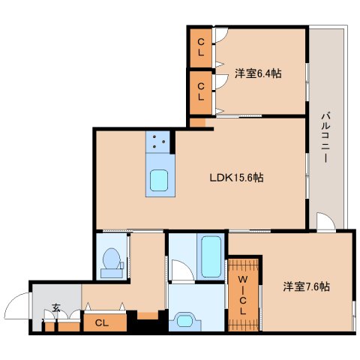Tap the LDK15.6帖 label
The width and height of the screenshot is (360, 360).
click(x=235, y=178)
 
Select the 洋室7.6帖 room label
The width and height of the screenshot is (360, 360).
click(x=306, y=286)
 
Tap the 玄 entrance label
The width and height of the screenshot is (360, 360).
click(x=56, y=307)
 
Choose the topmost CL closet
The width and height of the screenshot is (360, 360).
click(x=201, y=47)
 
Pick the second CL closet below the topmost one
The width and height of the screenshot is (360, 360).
click(x=201, y=91)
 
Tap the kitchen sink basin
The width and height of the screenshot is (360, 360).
click(x=160, y=181)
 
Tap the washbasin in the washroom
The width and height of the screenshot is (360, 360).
click(x=184, y=321)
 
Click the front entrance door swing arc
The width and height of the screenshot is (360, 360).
click(x=16, y=309)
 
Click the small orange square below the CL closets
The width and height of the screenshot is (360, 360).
click(x=196, y=121)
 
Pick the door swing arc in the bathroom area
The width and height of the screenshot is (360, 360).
click(x=180, y=269)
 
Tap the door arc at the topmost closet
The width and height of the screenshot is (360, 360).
click(x=220, y=35)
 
